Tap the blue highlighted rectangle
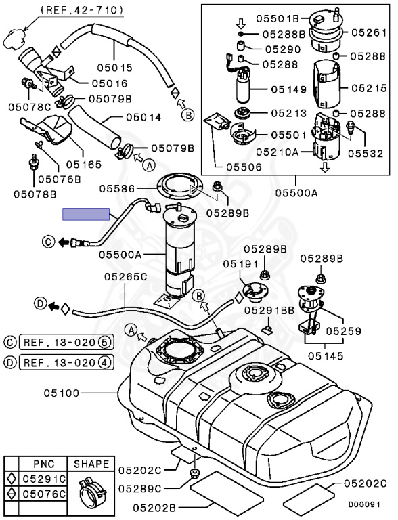coord(86,214)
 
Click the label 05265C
coord(125,276)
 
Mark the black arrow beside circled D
coord(51,306)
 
